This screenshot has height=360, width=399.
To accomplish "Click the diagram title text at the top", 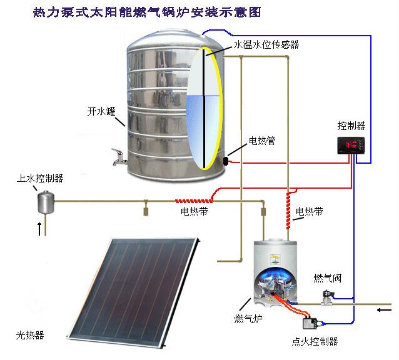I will (x=146, y=12).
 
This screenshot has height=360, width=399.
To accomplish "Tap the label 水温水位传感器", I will (x=266, y=45).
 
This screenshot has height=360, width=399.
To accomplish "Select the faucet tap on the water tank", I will (x=117, y=154).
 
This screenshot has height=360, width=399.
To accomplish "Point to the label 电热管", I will (x=262, y=141).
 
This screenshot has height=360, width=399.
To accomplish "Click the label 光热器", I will (x=30, y=335).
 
